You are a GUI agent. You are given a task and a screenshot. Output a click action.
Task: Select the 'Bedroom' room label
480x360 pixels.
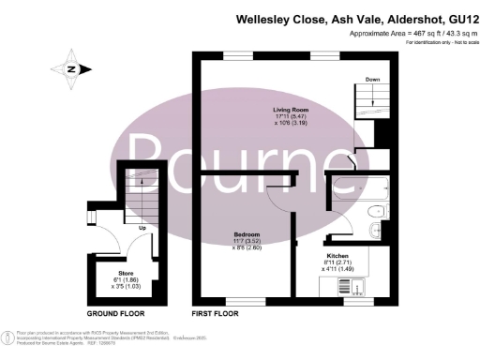click(x=247, y=232)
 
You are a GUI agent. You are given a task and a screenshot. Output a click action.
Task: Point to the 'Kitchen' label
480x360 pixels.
click(x=337, y=255)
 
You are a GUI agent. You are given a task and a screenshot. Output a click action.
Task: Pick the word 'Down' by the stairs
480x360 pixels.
click(x=372, y=80)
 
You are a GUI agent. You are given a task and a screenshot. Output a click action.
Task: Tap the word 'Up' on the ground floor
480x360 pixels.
click(x=142, y=228)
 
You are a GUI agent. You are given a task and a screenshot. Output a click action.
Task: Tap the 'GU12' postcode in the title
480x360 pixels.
click(x=457, y=18)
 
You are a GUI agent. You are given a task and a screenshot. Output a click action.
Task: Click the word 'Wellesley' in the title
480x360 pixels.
click(x=266, y=18)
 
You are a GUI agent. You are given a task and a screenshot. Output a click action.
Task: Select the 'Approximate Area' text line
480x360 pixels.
click(x=404, y=33)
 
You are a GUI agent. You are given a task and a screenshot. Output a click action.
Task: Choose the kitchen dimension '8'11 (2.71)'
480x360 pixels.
click(x=337, y=262)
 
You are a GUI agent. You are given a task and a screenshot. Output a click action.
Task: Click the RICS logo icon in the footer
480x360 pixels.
click(x=8, y=336)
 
